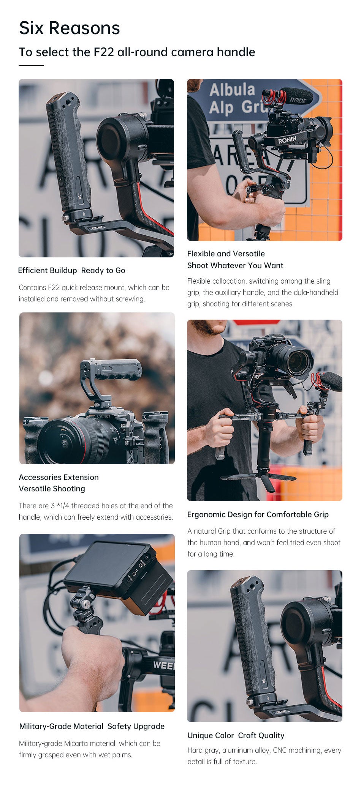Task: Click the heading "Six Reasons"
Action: coord(70,28)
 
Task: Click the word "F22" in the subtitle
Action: coord(104,52)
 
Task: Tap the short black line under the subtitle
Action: coord(32,65)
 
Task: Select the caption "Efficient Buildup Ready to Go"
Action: coord(72,270)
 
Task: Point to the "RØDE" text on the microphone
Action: coord(298,100)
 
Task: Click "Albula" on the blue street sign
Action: coord(232,90)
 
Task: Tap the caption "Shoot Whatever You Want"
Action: coord(235,265)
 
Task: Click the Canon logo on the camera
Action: coord(103,416)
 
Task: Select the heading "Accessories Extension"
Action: coord(59,477)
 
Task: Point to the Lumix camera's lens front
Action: coord(298,363)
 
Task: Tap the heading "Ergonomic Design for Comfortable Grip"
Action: coord(258,514)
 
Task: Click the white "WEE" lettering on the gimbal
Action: coord(163,665)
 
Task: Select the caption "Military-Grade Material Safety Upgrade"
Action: coord(92,726)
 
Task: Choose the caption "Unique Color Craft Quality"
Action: coord(236,735)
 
